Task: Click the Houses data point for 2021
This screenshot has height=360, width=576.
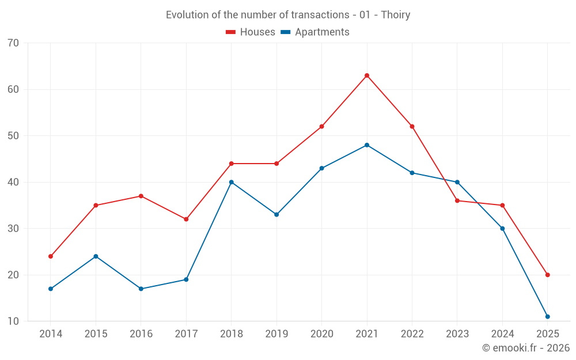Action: coord(367,75)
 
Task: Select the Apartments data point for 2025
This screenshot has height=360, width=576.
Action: coord(547,316)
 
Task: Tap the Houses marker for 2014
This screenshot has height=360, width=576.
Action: coord(51,256)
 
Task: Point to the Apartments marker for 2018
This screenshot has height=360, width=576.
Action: coord(232,182)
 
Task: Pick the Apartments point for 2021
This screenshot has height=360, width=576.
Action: coord(367,145)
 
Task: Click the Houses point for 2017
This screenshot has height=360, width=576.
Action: coord(186,219)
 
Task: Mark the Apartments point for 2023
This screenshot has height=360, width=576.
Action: coord(457,182)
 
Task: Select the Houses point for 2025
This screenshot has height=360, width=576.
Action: coord(547,275)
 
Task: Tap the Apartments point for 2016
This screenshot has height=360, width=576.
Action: coord(141,289)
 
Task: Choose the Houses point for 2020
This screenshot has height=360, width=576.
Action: coord(321,126)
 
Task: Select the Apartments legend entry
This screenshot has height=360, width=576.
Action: coord(315,32)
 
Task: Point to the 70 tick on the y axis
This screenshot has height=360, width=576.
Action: coord(13,43)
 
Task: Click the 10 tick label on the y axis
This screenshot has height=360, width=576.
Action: coord(13,321)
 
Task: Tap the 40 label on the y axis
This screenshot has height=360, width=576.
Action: coord(13,182)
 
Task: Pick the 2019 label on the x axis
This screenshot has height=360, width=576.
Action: coord(276,334)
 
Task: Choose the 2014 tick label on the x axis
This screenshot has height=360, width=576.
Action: coord(51,334)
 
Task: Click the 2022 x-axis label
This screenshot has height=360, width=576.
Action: coord(412,334)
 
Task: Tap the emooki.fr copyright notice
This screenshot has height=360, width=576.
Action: coord(526,348)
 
